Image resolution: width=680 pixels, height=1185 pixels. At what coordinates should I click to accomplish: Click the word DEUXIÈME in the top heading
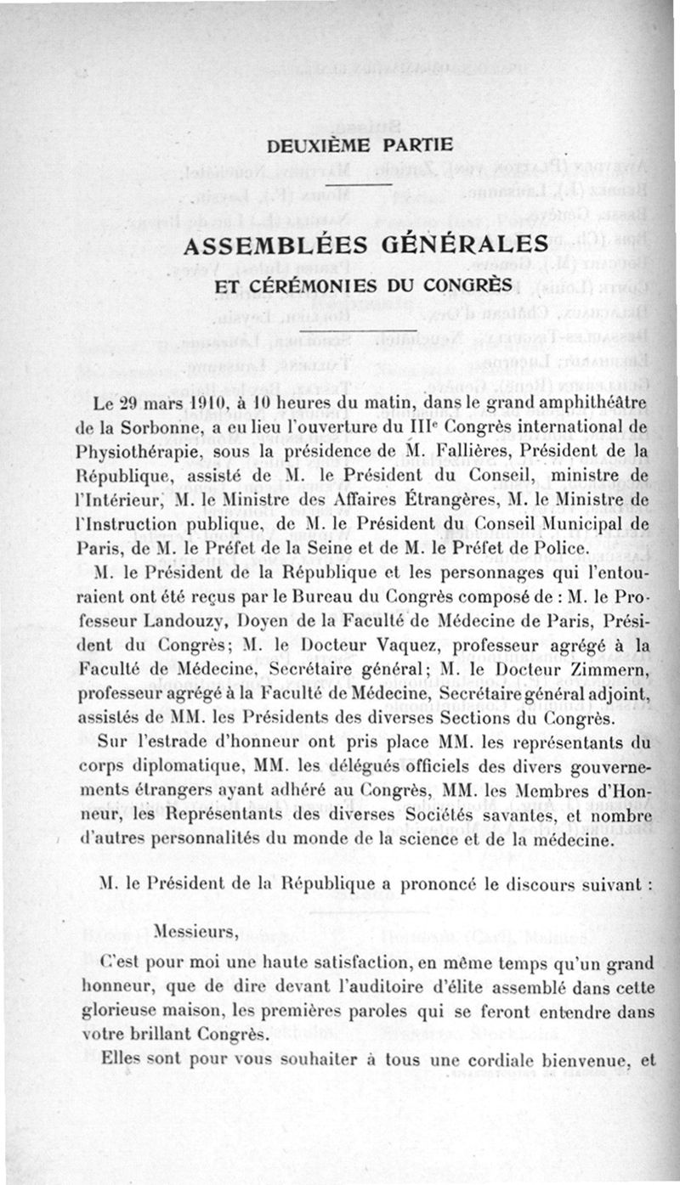click(x=306, y=145)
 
